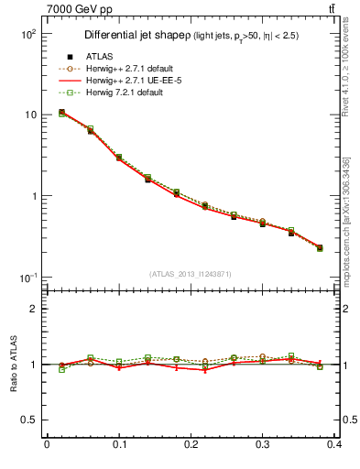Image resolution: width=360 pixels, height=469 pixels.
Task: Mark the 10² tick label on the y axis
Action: [x=28, y=34]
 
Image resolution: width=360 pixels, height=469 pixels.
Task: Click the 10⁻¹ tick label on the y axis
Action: [x=27, y=278]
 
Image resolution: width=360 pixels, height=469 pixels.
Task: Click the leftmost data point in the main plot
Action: [x=61, y=113]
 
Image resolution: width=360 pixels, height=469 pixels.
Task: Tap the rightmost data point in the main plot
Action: [x=320, y=247]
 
